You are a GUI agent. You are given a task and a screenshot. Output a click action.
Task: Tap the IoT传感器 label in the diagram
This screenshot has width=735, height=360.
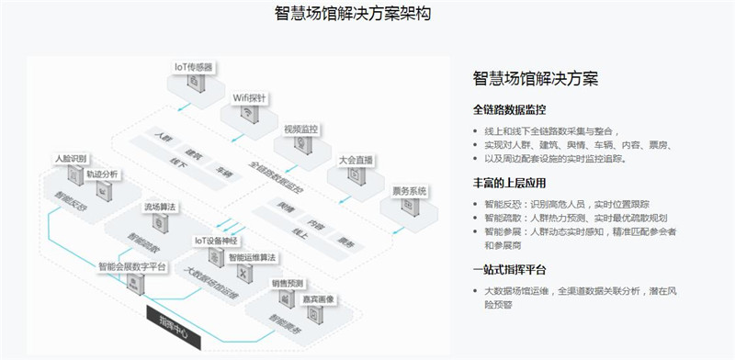click(x=194, y=66)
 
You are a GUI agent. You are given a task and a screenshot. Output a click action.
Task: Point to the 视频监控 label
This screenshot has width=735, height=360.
click(x=300, y=129)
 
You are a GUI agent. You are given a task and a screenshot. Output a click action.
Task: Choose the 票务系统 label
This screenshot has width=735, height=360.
click(x=411, y=191)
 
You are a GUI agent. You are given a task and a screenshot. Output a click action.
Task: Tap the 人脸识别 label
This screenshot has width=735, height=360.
click(x=73, y=158)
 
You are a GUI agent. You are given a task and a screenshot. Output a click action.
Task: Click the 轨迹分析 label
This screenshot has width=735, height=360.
click(x=103, y=173)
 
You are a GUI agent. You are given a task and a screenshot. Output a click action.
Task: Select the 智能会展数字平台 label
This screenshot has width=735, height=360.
click(x=131, y=267)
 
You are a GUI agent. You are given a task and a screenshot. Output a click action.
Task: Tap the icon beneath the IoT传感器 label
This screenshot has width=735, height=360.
click(x=194, y=83)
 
